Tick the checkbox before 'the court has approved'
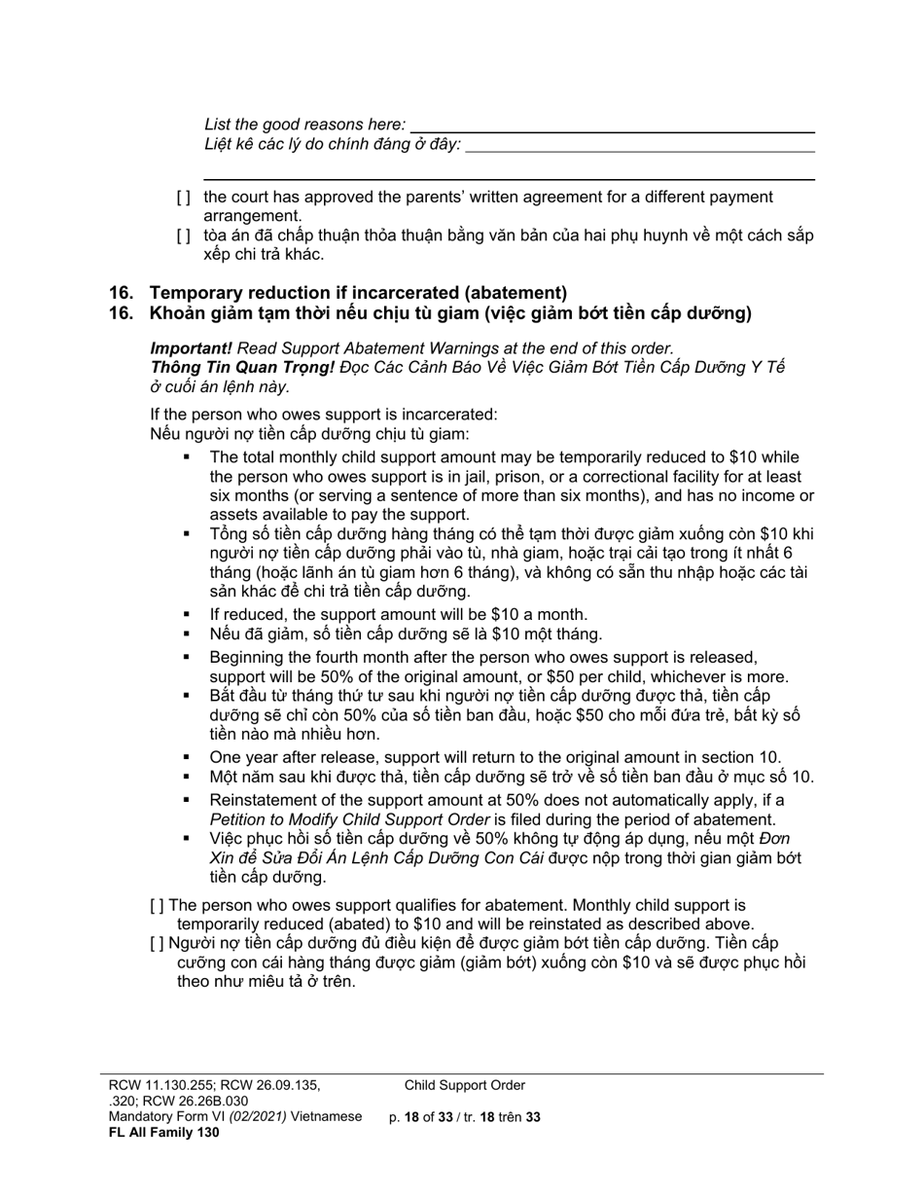point(183,198)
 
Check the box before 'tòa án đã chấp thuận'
point(183,236)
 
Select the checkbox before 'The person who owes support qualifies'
point(158,905)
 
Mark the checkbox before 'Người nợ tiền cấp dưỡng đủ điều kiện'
point(158,943)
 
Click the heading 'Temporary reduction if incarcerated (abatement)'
point(357,293)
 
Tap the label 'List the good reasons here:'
point(304,125)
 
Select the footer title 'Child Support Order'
point(465,1086)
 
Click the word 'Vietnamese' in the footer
point(326,1117)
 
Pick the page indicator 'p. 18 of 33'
point(421,1118)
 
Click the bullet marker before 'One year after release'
point(188,757)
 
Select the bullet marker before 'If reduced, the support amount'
point(188,615)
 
